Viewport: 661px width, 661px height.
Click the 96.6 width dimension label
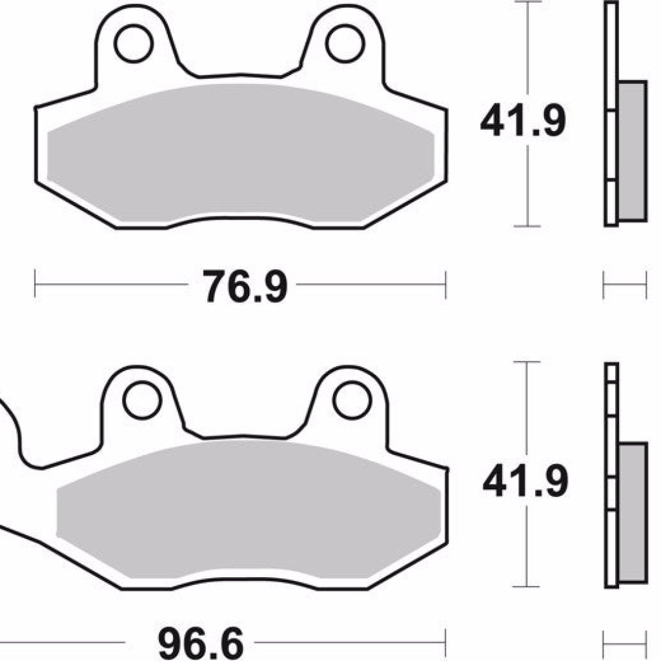tap(201, 643)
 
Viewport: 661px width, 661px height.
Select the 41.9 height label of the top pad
tap(522, 121)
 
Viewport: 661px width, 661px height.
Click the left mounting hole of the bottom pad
tap(142, 400)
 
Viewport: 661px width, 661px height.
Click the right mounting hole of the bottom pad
tap(351, 400)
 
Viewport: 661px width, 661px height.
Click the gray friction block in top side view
tap(632, 150)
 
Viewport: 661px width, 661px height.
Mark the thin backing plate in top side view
tap(611, 113)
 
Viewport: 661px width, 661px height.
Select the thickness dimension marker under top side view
tap(624, 285)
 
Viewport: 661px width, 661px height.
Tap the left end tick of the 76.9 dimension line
tap(36, 285)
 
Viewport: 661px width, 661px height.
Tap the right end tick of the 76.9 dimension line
tap(445, 285)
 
